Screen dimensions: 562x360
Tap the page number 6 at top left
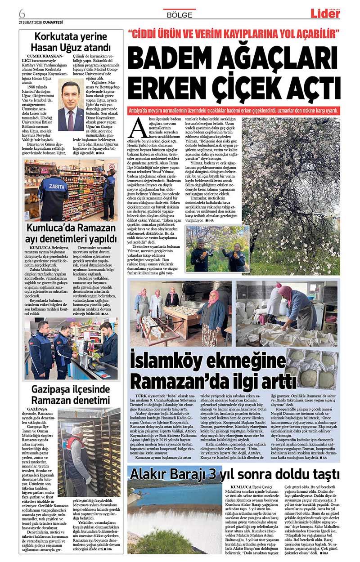[22, 12]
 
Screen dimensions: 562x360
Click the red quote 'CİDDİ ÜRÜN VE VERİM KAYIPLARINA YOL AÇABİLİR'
[233, 33]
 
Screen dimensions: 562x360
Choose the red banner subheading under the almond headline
[233, 110]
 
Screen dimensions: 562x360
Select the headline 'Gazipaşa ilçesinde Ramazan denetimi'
[71, 394]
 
